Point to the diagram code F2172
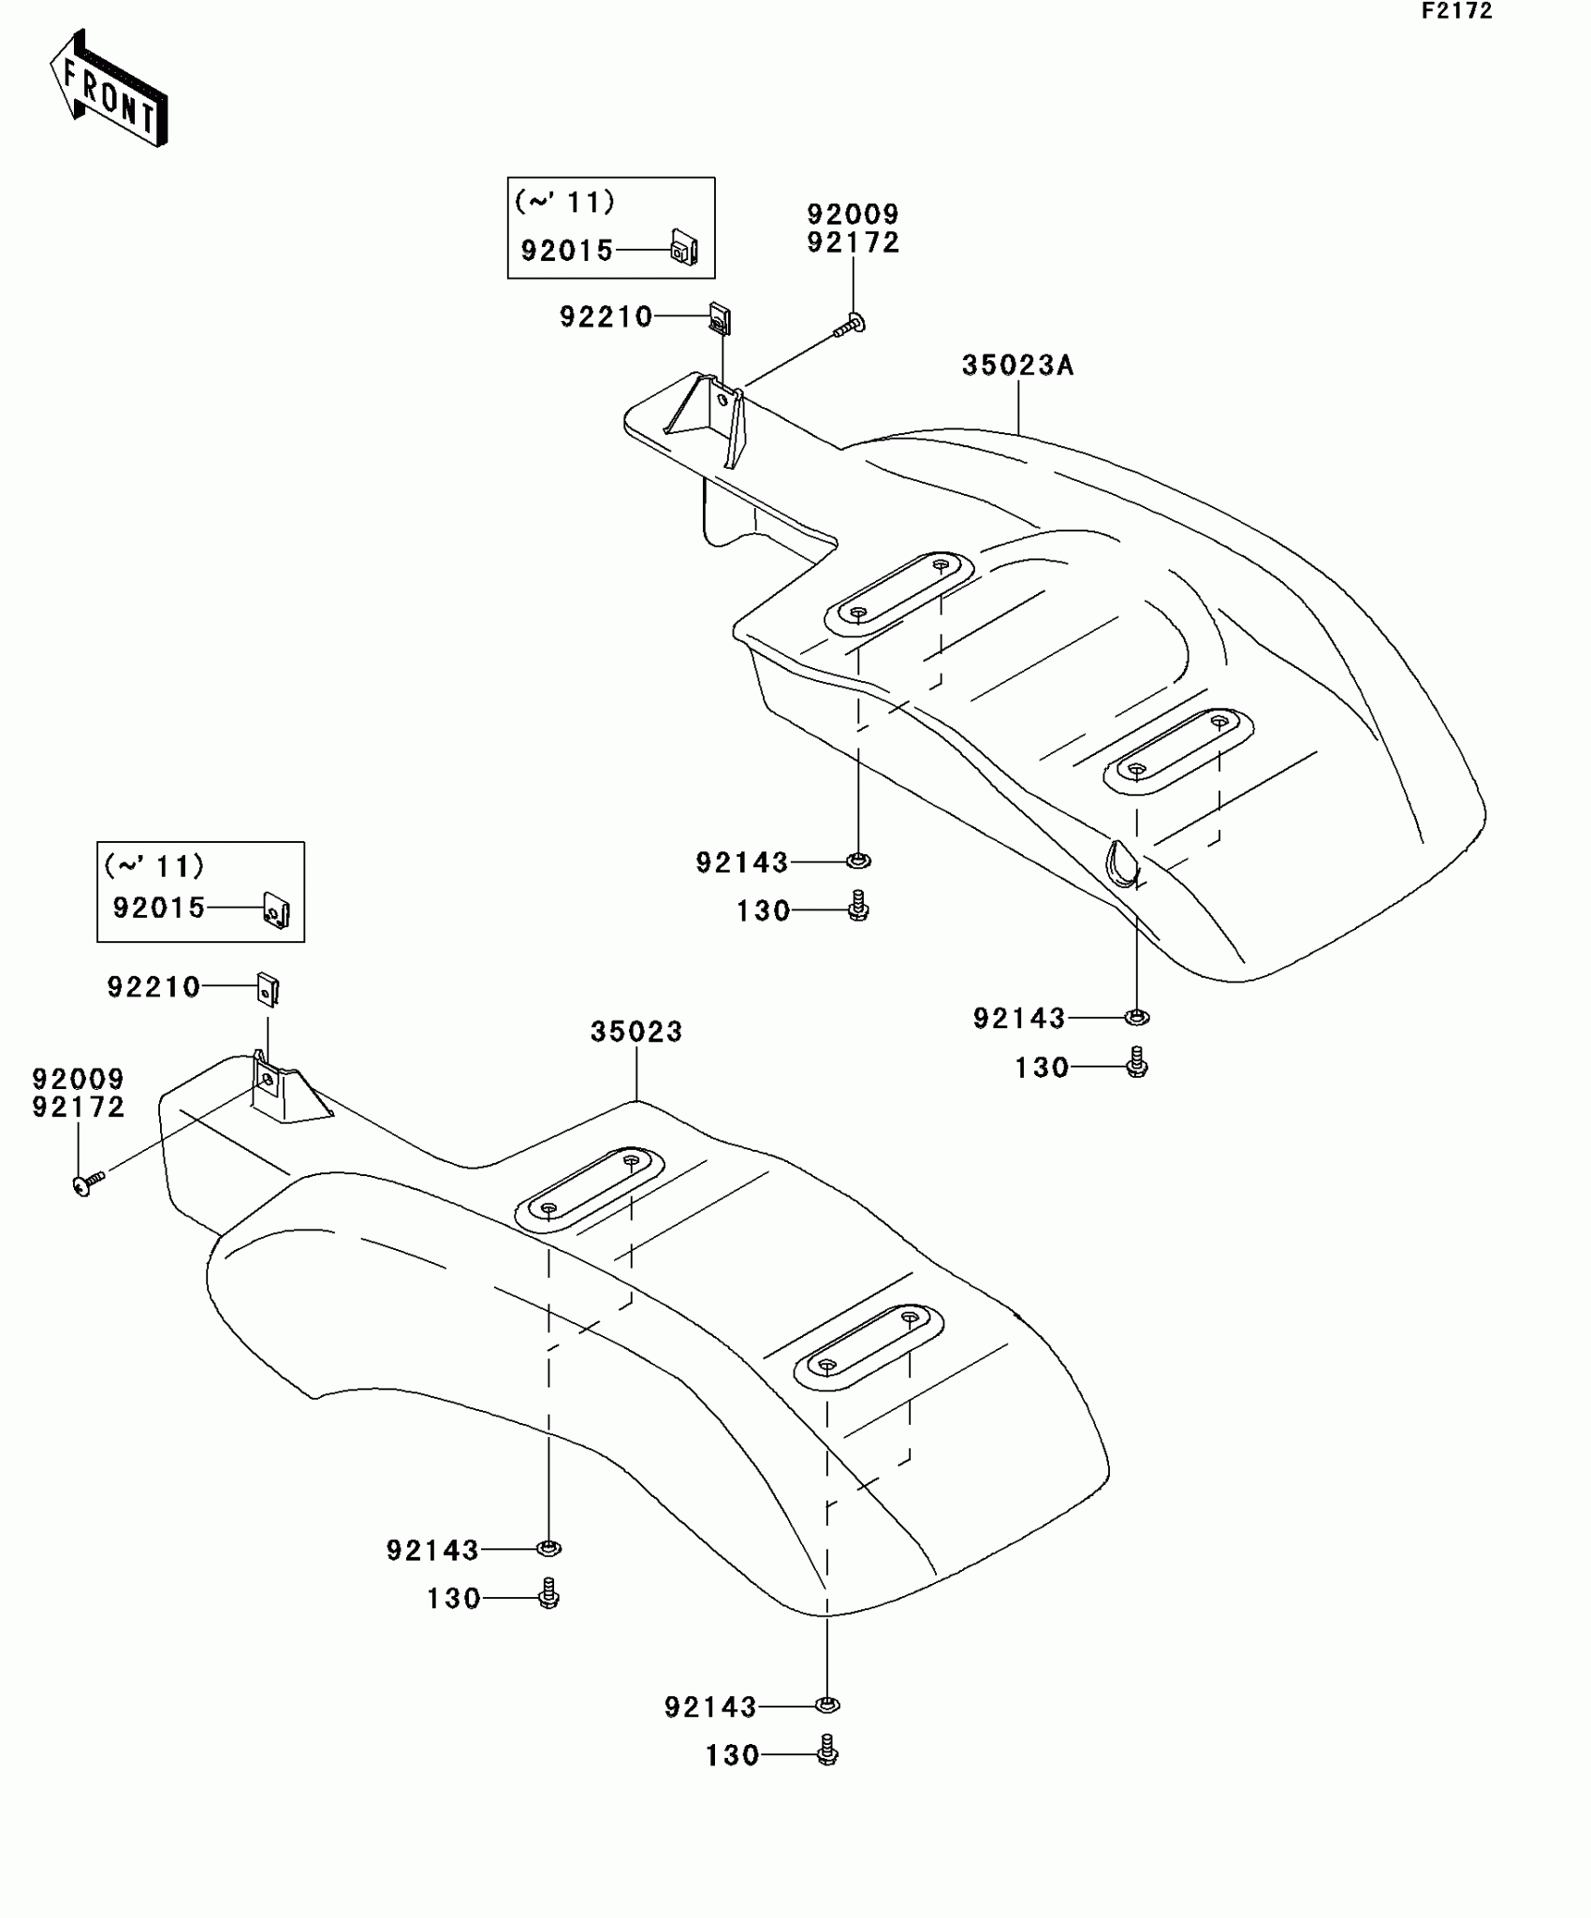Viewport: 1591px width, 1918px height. [1457, 11]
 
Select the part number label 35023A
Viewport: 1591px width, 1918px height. [1017, 366]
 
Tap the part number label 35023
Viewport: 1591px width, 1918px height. [636, 1032]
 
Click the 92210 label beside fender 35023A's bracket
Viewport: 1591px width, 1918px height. [606, 317]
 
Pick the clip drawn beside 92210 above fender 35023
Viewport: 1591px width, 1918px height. [268, 988]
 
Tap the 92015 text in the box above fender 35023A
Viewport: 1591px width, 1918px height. [567, 251]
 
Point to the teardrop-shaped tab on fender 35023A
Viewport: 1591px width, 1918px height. [1121, 861]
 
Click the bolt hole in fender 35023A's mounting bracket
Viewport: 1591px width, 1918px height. [721, 399]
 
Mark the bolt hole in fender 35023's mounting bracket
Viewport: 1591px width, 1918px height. [268, 1079]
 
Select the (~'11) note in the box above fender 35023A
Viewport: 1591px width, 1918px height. [564, 201]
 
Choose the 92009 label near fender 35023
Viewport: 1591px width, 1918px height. [79, 1080]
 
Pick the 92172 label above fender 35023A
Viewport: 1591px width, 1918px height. [853, 243]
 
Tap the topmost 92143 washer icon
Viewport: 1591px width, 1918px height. [857, 860]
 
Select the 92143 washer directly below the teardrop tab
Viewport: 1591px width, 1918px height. [1136, 1016]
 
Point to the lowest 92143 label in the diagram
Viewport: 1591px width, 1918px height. [710, 1707]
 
